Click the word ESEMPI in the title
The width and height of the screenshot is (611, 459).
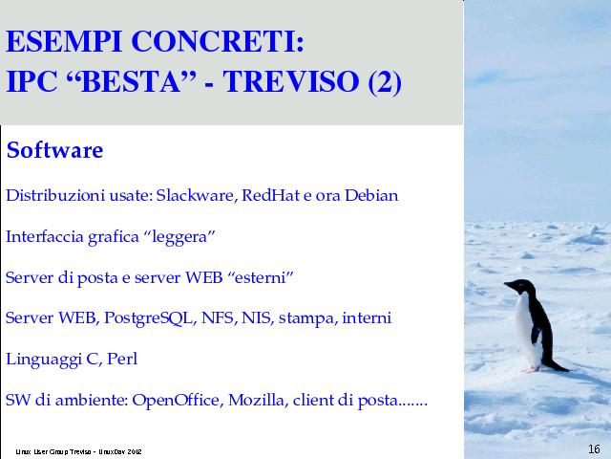pos(64,41)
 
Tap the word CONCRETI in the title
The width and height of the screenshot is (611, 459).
pos(218,41)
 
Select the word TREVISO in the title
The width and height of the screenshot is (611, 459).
pos(290,81)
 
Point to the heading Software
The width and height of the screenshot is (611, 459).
pos(55,150)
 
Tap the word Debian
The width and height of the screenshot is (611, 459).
pos(371,195)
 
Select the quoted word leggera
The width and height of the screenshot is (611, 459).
pos(179,237)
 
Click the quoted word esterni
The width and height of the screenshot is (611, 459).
pos(260,277)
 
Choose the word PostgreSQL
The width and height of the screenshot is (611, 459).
pos(149,318)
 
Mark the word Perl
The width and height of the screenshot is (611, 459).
pos(122,359)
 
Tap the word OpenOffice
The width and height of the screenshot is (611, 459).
pos(178,400)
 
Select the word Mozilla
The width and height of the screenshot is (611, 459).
pos(258,400)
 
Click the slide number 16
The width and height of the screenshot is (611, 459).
pos(594,449)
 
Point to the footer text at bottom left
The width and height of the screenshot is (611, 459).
pos(78,452)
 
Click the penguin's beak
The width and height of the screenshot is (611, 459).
pos(507,284)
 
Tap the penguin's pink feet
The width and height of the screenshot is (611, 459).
pos(532,368)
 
